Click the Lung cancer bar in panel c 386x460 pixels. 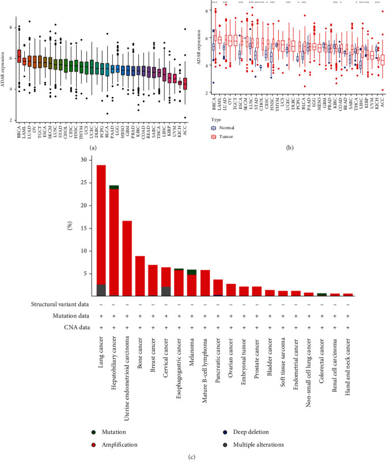[101, 231]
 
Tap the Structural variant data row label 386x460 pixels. [50, 302]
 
